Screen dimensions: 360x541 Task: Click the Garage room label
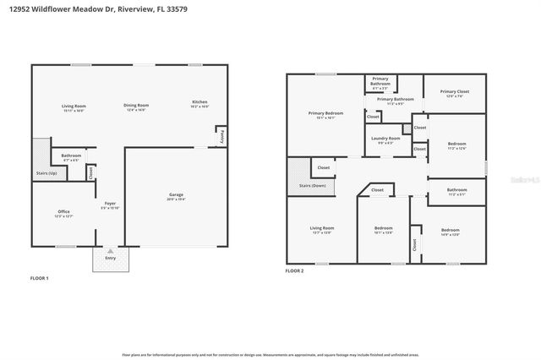point(175,196)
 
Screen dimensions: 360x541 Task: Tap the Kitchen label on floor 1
point(199,103)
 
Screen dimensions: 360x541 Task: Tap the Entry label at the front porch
point(110,258)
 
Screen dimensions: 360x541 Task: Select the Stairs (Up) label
point(46,173)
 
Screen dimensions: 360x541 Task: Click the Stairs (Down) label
point(313,186)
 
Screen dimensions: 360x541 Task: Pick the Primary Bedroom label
point(325,114)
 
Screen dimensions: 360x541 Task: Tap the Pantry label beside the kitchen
point(221,135)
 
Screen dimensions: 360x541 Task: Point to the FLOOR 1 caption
point(40,278)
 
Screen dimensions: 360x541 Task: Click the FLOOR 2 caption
point(294,270)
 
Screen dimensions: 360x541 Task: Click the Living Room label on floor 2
point(322,230)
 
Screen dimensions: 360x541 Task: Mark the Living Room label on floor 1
point(74,106)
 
